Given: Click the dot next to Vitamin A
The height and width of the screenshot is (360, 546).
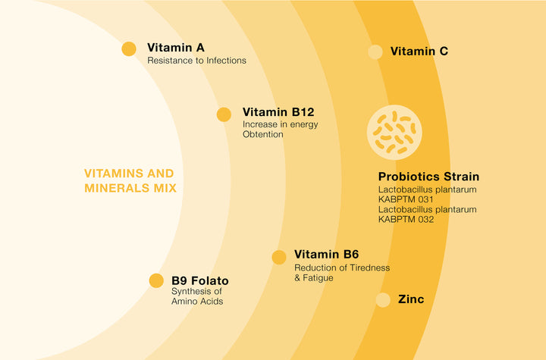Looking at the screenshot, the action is click(x=129, y=49).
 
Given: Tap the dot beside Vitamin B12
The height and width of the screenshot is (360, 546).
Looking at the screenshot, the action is click(x=224, y=114).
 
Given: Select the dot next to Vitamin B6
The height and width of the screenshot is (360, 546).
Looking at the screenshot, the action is click(x=279, y=257).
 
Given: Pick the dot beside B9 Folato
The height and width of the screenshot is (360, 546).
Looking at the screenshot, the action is click(x=156, y=280).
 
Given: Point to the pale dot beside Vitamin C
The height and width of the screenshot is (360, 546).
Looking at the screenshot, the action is click(x=375, y=52).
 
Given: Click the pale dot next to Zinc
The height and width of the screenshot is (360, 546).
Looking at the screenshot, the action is click(x=383, y=300).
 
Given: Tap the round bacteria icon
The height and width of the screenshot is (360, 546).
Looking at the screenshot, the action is click(x=394, y=133).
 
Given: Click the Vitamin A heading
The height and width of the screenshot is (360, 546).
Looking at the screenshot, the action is click(x=176, y=47).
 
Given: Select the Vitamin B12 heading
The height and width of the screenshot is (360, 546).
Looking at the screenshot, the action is click(x=278, y=112).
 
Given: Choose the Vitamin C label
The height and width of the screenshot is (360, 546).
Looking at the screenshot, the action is click(x=419, y=52).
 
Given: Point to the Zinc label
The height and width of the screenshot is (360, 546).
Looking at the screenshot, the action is click(x=411, y=299).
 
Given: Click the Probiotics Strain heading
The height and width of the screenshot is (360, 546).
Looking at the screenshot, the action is click(x=428, y=177).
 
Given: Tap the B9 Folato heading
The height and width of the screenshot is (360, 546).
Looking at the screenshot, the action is click(x=200, y=280).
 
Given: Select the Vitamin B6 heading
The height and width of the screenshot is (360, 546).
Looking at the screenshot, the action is click(x=326, y=254).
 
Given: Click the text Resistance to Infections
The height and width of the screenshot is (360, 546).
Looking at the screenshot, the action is click(x=196, y=61).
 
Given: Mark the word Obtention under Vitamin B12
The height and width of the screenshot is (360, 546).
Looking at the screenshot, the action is click(x=263, y=134).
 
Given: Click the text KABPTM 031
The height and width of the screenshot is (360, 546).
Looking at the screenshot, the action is click(x=406, y=199).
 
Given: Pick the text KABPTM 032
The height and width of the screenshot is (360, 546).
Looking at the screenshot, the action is click(x=406, y=219).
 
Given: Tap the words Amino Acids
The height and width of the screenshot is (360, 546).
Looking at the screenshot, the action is click(x=197, y=301).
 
